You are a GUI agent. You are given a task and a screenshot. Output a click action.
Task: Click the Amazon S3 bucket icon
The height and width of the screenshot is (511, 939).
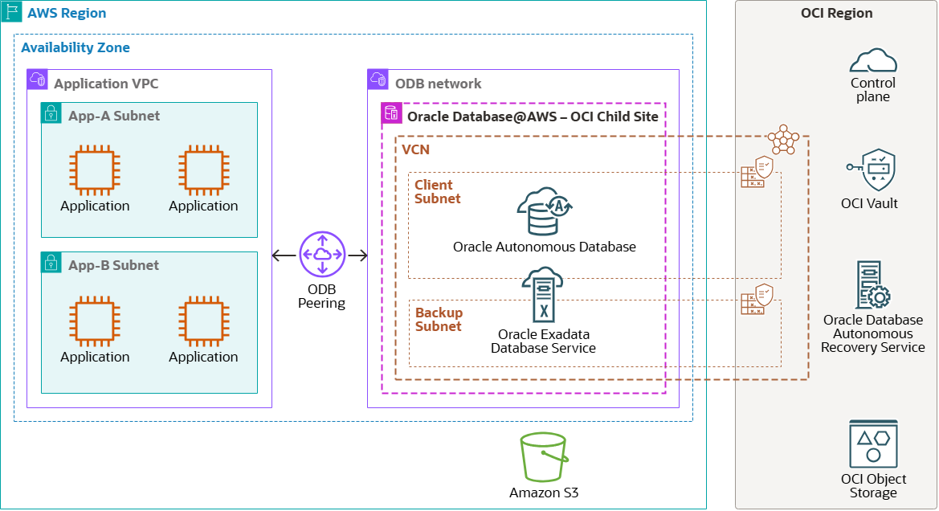click(x=544, y=458)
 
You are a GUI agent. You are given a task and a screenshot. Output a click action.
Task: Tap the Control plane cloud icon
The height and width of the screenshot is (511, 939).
click(x=872, y=61)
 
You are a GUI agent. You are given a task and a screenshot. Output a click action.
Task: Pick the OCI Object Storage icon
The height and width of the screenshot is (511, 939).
click(x=873, y=444)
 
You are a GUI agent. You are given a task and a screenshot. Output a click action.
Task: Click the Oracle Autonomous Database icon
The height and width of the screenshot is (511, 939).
click(x=545, y=212)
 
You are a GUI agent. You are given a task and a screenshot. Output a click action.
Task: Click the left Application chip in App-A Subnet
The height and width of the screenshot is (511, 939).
click(x=95, y=171)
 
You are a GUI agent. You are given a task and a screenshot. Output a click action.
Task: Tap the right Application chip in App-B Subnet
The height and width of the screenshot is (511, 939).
click(x=203, y=322)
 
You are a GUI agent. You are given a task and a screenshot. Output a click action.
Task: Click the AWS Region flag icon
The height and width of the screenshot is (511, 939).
click(x=12, y=12)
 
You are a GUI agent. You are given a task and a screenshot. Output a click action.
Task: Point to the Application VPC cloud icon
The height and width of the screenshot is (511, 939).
click(x=38, y=80)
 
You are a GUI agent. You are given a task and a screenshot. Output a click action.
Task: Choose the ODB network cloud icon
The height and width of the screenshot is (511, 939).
click(x=378, y=80)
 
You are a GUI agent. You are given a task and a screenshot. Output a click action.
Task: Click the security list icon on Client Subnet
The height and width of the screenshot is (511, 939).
click(x=757, y=173)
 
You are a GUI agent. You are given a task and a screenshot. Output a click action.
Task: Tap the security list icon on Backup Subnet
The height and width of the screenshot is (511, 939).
click(x=757, y=300)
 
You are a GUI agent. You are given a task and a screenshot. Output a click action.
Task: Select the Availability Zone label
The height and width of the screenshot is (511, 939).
click(x=76, y=47)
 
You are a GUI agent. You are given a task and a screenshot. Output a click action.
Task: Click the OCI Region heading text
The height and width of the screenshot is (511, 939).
click(x=836, y=13)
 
